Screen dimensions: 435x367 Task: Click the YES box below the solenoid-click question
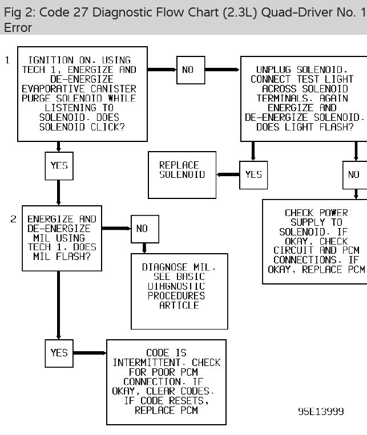coord(59,166)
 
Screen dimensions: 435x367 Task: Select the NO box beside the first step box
coord(188,70)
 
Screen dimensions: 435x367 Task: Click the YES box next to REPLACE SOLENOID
coord(253,174)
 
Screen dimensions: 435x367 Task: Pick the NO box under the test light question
coord(354,175)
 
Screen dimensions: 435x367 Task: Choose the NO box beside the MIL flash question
coord(142,229)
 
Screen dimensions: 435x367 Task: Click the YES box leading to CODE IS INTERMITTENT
coord(59,353)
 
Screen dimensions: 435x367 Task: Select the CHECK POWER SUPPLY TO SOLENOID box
coord(316,241)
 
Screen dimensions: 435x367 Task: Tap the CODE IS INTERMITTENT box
coord(166,381)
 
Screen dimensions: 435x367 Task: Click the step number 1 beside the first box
coord(7,59)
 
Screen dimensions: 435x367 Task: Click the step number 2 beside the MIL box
coord(13,219)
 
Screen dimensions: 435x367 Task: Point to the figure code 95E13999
coord(321,412)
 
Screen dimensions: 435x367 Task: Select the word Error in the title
coord(18,27)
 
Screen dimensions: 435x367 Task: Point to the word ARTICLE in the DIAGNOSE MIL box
coord(179,306)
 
